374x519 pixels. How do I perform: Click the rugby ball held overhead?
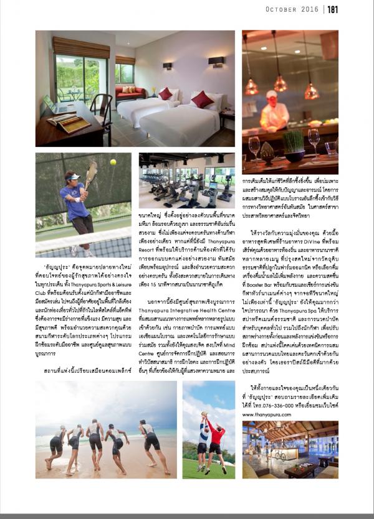[x=206, y=415]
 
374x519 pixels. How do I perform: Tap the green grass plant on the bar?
[x=292, y=143]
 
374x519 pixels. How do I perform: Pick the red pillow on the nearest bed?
[x=202, y=100]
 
